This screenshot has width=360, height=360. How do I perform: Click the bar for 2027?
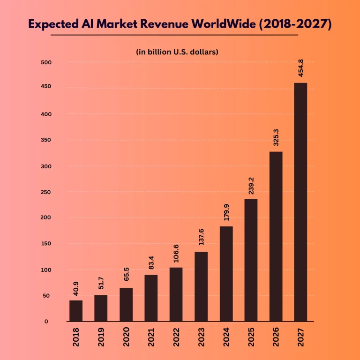tap(300, 202)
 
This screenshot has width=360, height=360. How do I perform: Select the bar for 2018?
tap(76, 311)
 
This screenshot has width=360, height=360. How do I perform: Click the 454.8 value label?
tap(300, 68)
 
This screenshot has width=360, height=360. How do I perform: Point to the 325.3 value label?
tap(275, 137)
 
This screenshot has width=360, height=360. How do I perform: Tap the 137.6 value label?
tap(201, 237)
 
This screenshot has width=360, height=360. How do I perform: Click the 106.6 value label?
tap(176, 254)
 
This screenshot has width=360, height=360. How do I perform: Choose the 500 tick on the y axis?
tap(47, 62)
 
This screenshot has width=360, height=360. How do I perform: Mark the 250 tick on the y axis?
tap(47, 192)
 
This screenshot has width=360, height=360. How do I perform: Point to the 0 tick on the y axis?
tap(47, 322)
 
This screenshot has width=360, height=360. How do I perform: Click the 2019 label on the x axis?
tap(101, 337)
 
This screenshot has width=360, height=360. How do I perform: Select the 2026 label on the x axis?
tap(275, 337)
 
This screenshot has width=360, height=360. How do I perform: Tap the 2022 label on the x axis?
tap(176, 337)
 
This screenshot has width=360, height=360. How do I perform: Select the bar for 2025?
tap(250, 260)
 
